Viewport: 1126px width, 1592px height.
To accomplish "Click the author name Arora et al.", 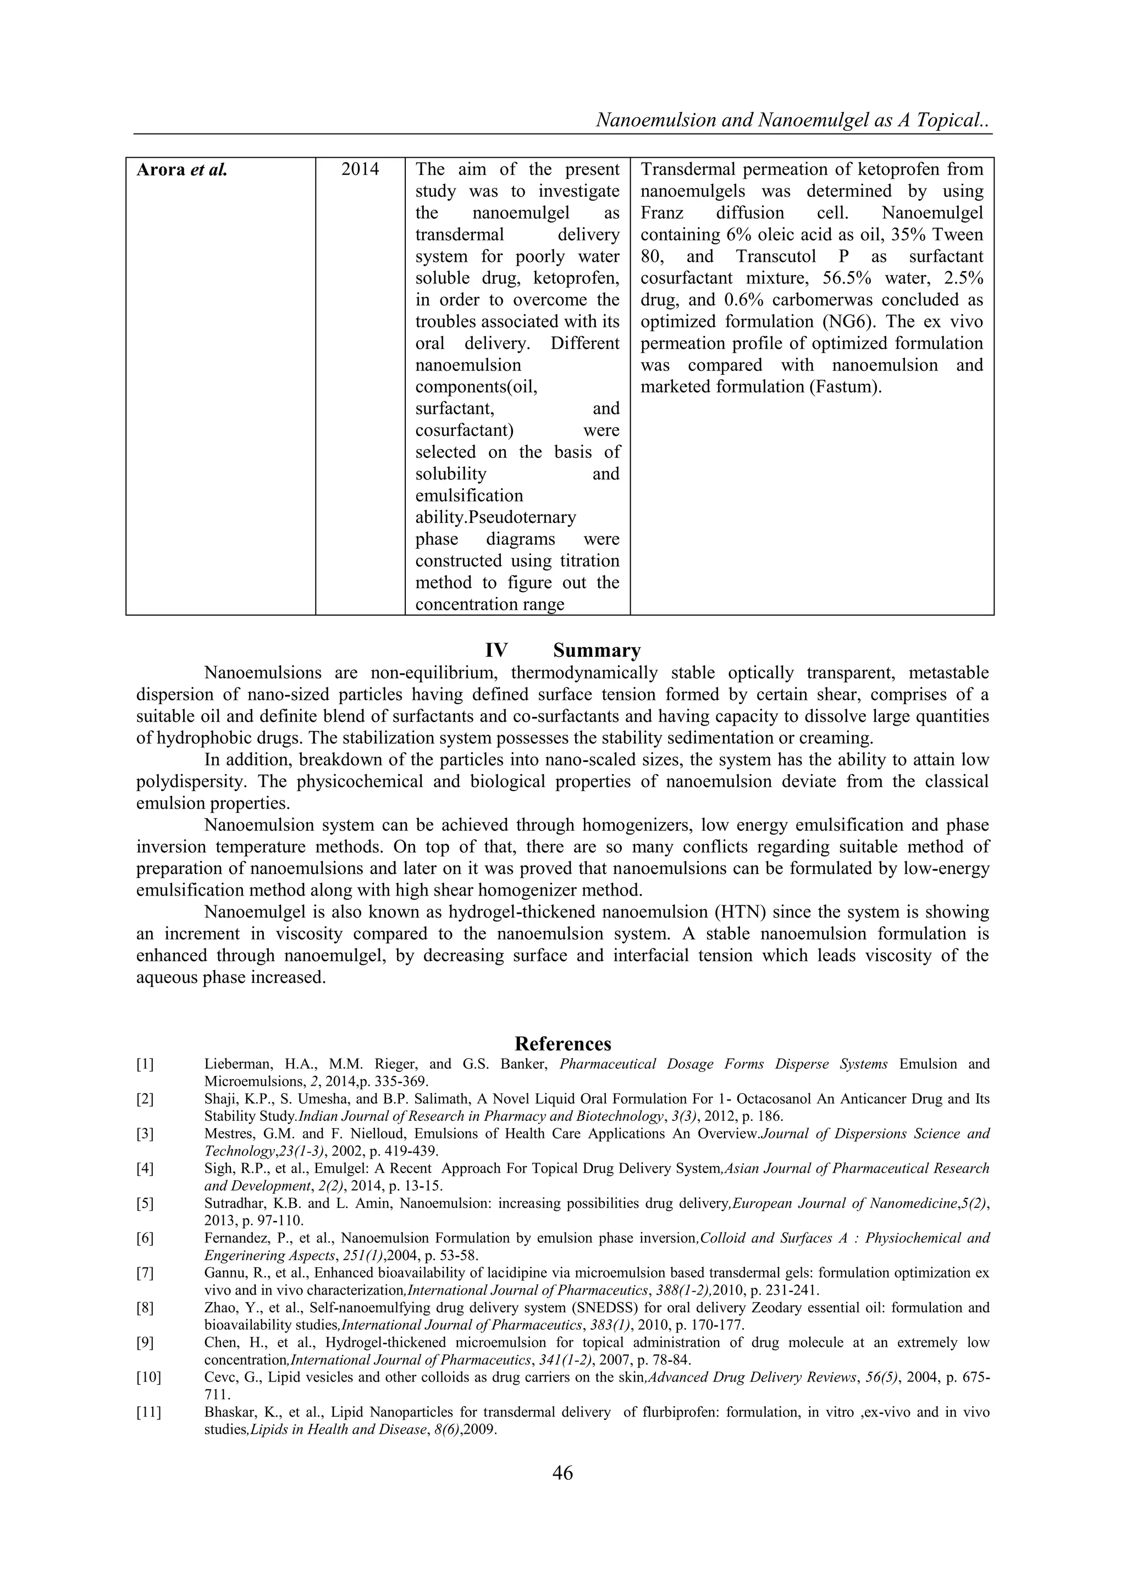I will click(181, 170).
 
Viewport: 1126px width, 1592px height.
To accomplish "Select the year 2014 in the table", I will click(360, 169).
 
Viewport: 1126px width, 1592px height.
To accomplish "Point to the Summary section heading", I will click(597, 650).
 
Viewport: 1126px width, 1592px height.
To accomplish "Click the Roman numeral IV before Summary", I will click(496, 650).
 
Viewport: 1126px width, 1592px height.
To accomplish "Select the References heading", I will click(562, 1043).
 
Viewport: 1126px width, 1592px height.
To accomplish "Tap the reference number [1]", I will click(145, 1064).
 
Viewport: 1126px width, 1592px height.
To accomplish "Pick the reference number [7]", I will click(145, 1273).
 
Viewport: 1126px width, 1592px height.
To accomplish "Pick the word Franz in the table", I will click(661, 213).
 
